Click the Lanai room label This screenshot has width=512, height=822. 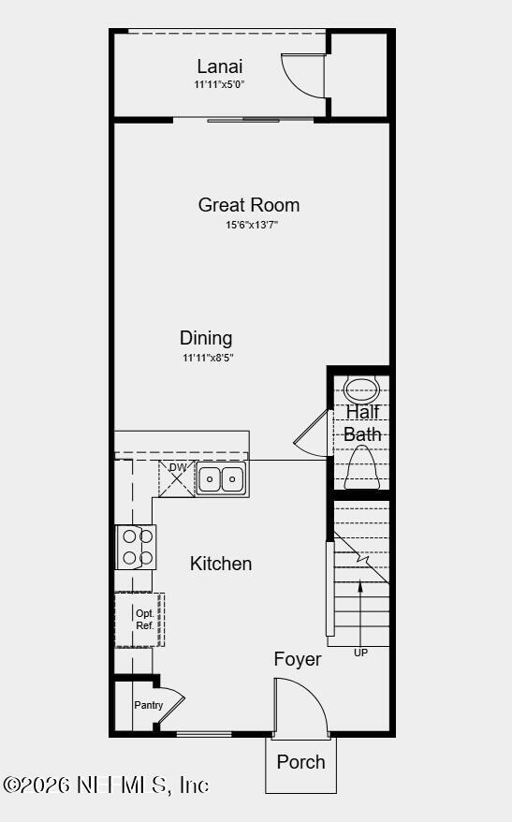point(220,66)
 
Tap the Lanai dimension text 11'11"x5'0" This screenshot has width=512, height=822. point(220,84)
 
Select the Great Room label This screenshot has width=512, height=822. point(249,204)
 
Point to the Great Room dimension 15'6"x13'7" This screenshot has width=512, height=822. point(251,225)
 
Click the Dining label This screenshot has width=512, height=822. point(206,338)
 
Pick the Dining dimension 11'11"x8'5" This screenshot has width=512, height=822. point(207,358)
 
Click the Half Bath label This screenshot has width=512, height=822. point(362,423)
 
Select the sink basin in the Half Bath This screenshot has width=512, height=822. point(359,388)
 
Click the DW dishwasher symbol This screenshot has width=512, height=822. point(177,477)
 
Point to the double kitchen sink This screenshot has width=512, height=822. point(221,479)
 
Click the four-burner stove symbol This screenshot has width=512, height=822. point(136,547)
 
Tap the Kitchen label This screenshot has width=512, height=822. point(221,564)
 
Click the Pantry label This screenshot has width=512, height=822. point(148,705)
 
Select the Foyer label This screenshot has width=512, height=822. point(298,659)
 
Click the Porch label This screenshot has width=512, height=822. point(300,761)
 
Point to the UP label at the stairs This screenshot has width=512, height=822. point(360,653)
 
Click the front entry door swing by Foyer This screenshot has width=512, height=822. point(301,706)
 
